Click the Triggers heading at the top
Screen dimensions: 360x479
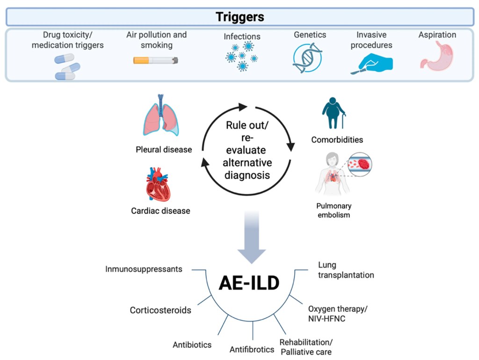(x=239, y=17)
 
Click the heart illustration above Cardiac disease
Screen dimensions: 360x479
(x=160, y=183)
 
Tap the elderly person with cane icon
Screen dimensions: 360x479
(x=334, y=113)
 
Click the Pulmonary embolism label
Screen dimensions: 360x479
(x=334, y=210)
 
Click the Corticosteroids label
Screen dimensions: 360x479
(x=160, y=310)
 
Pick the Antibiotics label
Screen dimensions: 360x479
(x=192, y=345)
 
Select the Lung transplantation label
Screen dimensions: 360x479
(x=346, y=270)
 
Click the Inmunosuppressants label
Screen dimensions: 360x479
(x=144, y=269)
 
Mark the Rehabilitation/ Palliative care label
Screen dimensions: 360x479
(x=306, y=346)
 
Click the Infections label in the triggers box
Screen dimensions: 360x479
(x=241, y=37)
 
